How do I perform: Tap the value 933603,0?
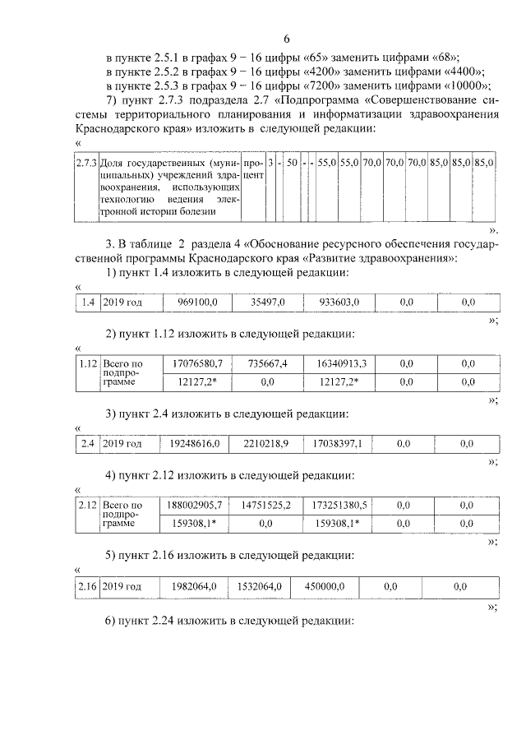click(x=339, y=303)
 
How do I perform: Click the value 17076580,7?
click(x=195, y=363)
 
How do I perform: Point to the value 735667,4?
click(x=267, y=363)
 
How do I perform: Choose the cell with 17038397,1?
click(x=337, y=444)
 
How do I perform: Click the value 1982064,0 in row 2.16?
click(x=194, y=586)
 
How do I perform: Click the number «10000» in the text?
click(x=467, y=85)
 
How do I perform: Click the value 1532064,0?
click(x=261, y=586)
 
